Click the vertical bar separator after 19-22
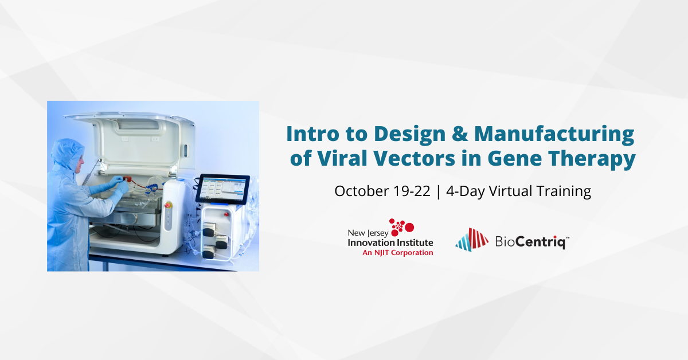point(438,191)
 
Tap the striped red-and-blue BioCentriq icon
point(471,239)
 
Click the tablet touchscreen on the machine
point(224,188)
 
